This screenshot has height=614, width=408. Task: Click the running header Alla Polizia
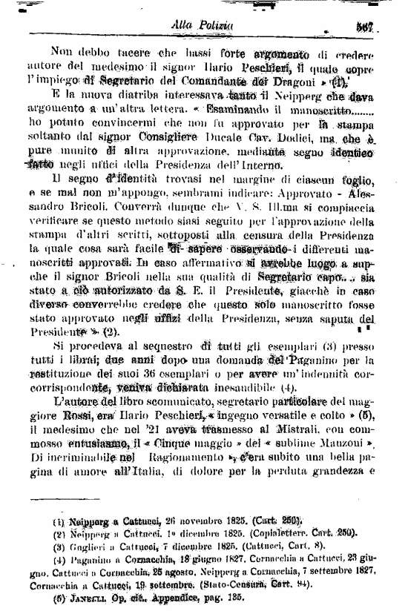tap(203, 25)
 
